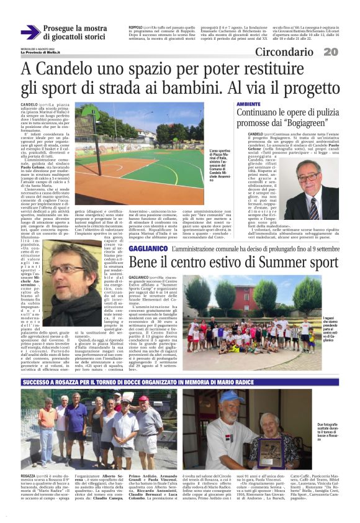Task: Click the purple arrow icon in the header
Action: pyautogui.click(x=30, y=32)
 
